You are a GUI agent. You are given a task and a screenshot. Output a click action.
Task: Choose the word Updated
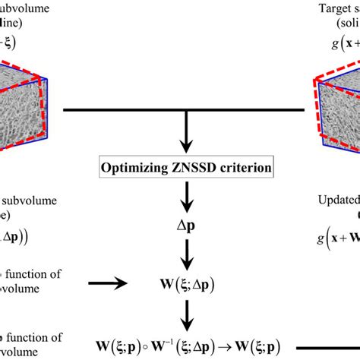pyautogui.click(x=334, y=200)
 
